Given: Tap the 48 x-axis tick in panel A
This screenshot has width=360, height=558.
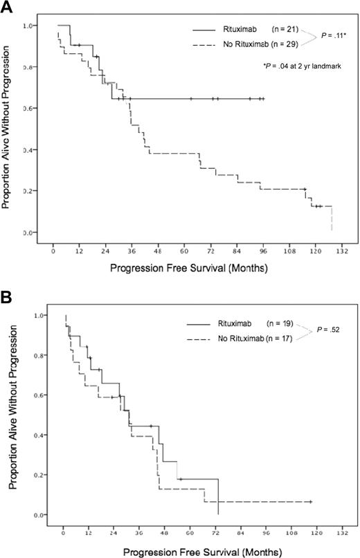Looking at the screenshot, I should pyautogui.click(x=158, y=251).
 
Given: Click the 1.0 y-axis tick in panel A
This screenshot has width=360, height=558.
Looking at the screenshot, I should pyautogui.click(x=27, y=26).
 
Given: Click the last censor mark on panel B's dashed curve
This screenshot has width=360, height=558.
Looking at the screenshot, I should pyautogui.click(x=311, y=501).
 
